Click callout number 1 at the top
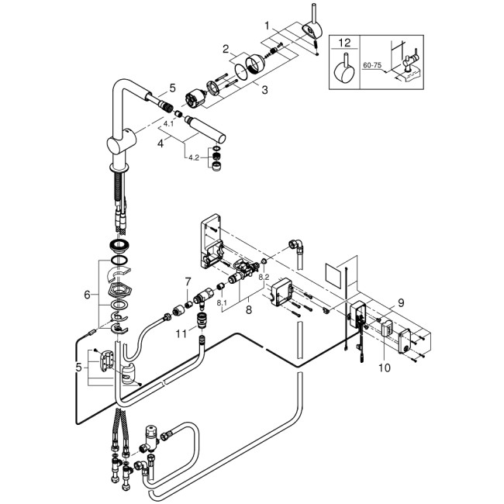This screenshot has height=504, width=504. point(268,26)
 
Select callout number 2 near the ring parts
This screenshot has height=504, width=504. point(227,49)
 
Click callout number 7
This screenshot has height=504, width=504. point(188,280)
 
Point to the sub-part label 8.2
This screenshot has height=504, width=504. point(264,277)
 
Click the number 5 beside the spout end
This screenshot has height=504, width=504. point(173,88)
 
